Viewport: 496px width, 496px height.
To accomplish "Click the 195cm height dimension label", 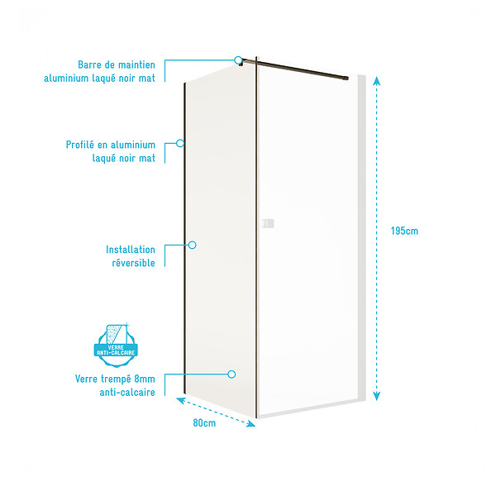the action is click(x=404, y=231).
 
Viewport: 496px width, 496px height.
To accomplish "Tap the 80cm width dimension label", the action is click(x=204, y=423).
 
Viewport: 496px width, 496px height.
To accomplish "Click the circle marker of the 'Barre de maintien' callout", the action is click(x=238, y=60).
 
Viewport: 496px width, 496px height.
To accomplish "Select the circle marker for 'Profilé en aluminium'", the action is click(x=180, y=143).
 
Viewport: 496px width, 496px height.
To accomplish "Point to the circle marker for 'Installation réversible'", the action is click(x=193, y=245).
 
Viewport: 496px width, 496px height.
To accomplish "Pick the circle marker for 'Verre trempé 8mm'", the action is click(x=231, y=374).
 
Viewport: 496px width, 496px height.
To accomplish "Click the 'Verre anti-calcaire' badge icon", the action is click(x=116, y=345).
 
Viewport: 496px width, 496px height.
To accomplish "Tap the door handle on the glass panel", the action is click(x=268, y=223).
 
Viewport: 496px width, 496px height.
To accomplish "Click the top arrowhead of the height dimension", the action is click(x=376, y=81).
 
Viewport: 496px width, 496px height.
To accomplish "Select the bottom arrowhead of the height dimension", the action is click(x=376, y=396).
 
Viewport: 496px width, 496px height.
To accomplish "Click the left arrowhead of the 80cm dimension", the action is click(x=180, y=400).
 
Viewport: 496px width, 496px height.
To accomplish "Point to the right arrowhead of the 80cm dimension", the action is click(x=251, y=423).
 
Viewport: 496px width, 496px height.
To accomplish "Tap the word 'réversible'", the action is click(x=133, y=263).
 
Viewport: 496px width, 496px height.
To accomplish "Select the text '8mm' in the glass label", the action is click(x=145, y=379).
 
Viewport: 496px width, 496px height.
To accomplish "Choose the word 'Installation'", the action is click(x=131, y=250).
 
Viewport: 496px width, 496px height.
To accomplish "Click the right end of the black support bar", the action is click(x=346, y=78).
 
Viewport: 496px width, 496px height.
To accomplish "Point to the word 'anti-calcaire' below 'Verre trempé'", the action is click(x=127, y=393).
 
